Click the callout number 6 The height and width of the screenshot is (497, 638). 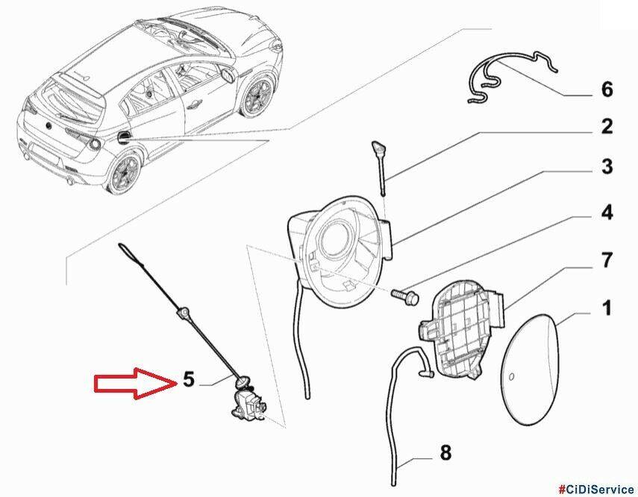pos(607,89)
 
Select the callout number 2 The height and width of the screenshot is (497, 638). pos(607,127)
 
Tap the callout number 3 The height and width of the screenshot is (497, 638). pos(607,166)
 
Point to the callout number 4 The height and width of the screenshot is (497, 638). pos(607,212)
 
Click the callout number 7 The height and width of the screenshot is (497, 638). pos(607,260)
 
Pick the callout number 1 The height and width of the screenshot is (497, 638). pos(606,308)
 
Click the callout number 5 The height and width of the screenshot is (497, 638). pos(189,379)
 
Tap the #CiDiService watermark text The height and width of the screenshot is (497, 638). pos(595,489)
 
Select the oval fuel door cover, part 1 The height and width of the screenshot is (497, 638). pos(530,369)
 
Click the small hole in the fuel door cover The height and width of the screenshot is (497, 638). pos(512,377)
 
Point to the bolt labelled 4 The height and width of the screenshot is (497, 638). pos(405,297)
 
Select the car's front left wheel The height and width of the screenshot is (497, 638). pos(257,97)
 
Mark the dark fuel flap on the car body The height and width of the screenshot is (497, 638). pos(122,137)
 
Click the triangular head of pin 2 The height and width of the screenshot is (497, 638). pos(376,146)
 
